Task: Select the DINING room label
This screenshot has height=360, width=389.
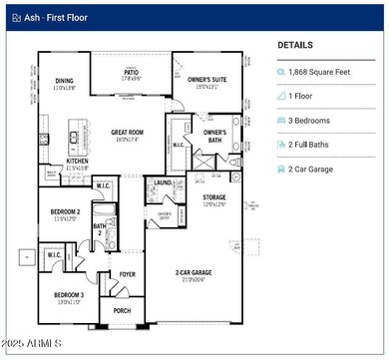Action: click(64, 81)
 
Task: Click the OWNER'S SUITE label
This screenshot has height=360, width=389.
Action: click(205, 79)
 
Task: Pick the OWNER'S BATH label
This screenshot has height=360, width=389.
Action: click(214, 133)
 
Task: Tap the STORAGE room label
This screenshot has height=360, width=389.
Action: click(214, 197)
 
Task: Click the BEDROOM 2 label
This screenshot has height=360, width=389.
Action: click(67, 212)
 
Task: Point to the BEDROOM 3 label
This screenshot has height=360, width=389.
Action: click(68, 295)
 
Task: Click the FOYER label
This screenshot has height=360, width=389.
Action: click(128, 273)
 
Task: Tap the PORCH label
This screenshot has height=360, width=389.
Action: click(122, 309)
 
